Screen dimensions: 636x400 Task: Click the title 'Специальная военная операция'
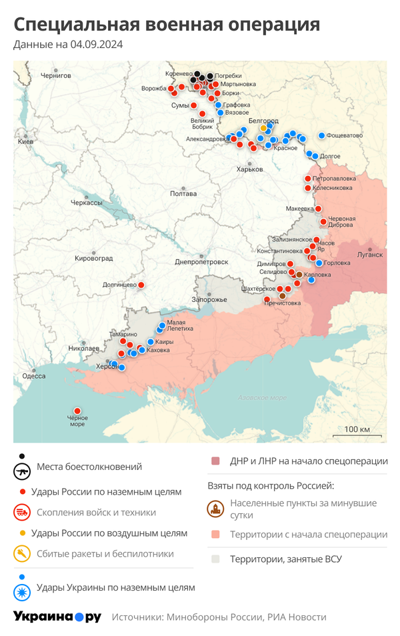coord(167,25)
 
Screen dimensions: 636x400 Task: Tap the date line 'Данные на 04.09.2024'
coord(68,45)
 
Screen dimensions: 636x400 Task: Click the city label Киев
coord(25,142)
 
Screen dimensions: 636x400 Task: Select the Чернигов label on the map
coord(55,76)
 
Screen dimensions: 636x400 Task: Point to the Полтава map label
coord(183,193)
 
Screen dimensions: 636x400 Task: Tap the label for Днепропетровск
coord(201,262)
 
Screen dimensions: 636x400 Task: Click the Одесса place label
coord(33,376)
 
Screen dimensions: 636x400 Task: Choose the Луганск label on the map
coord(370,255)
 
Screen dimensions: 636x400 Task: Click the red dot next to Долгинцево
coord(141,285)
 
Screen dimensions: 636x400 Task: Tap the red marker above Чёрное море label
coord(77,411)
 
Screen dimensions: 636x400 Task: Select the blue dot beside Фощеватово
coord(321,135)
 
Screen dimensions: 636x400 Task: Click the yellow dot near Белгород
coord(263,127)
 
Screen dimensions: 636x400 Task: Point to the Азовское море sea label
coord(258,398)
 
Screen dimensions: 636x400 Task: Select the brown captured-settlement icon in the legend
coord(215,509)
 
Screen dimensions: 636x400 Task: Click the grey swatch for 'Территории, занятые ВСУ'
coord(215,559)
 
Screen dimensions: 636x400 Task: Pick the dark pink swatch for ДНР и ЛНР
coord(215,461)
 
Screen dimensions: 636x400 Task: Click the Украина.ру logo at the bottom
coord(57,617)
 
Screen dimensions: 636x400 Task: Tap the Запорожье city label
coord(209,299)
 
